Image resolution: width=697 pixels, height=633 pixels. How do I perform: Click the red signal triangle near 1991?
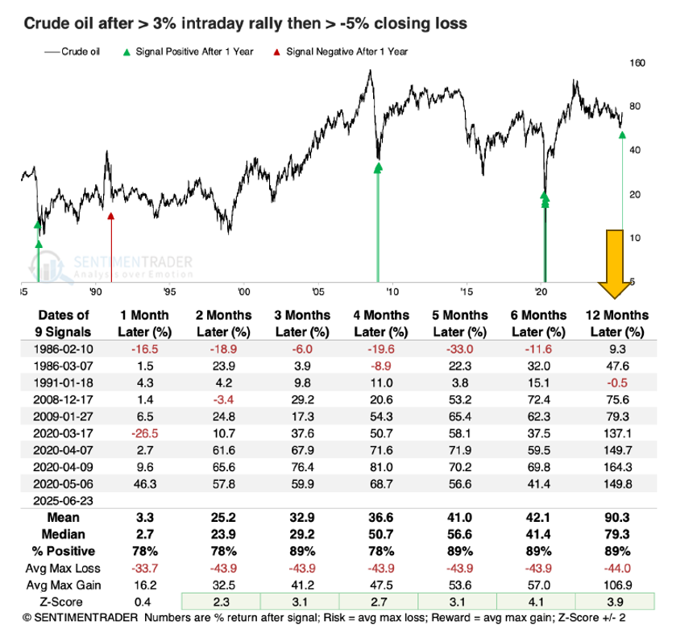(111, 214)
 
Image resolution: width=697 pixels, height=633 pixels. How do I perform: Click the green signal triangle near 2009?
(378, 167)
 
